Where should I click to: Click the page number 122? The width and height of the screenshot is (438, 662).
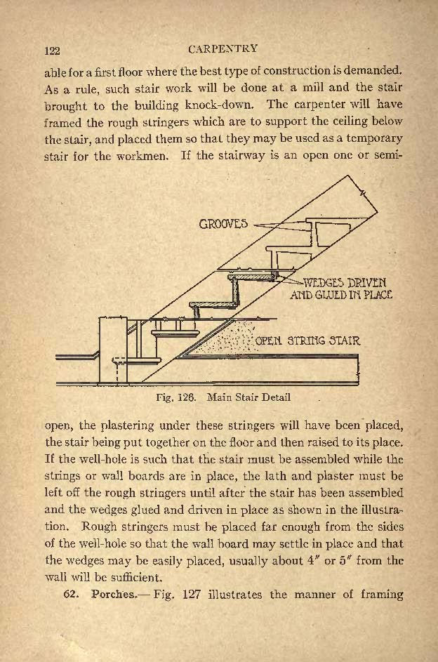click(53, 51)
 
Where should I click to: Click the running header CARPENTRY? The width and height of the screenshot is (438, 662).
click(223, 48)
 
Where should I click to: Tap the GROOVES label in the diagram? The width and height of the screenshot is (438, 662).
click(223, 224)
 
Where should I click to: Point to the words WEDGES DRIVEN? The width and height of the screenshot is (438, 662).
click(345, 283)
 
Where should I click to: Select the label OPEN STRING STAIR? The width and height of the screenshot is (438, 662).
click(308, 340)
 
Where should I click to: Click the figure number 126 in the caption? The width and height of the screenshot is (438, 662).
click(187, 397)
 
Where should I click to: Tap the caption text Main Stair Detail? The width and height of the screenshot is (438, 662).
click(249, 397)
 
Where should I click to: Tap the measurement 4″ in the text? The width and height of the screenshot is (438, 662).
click(312, 561)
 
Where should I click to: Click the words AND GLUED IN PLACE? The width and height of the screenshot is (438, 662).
click(341, 294)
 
